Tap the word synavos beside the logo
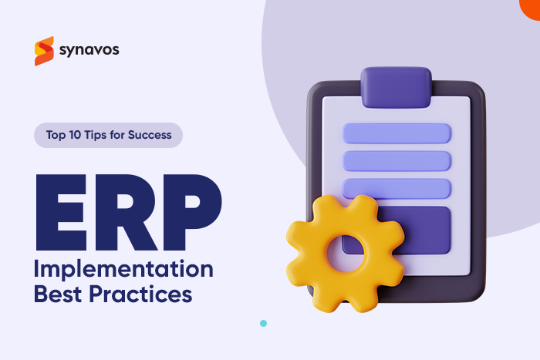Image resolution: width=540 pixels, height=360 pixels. click(89, 51)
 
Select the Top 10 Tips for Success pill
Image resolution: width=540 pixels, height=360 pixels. click(108, 135)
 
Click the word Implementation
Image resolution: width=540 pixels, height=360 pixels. click(123, 271)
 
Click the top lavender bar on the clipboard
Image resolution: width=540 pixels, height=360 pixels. click(397, 133)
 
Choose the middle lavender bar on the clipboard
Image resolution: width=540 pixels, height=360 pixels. click(397, 160)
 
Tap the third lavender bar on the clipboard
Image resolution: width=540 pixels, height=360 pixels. click(397, 188)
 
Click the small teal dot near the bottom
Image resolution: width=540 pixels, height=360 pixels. click(263, 323)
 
